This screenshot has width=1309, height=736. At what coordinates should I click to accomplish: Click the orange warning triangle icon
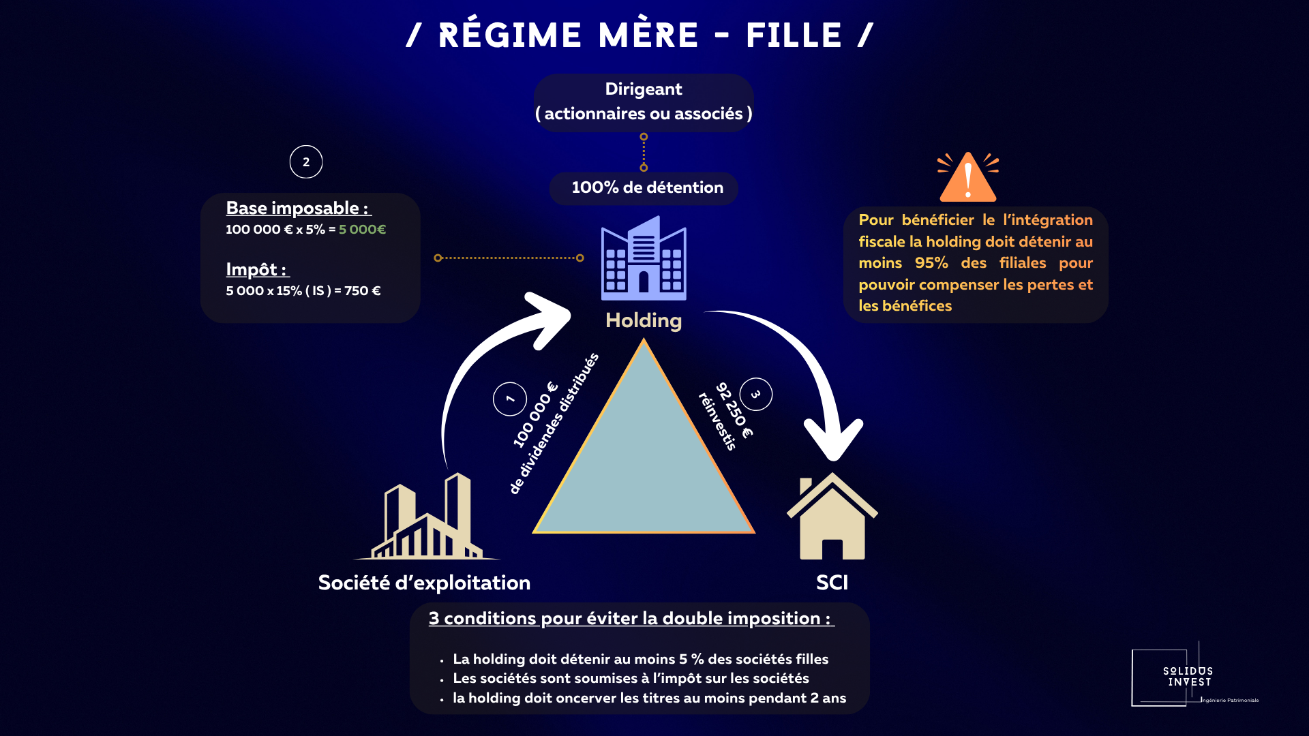point(967,179)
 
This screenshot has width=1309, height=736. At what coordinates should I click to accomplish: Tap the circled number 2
point(306,162)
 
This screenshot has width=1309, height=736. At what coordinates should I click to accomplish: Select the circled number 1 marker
point(510,399)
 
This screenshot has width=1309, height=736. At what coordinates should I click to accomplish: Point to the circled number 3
point(755,395)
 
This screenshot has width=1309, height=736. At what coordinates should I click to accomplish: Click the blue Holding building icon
point(644,259)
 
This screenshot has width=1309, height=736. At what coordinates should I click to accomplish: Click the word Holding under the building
point(644,320)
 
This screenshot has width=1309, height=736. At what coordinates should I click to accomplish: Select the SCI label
point(832,583)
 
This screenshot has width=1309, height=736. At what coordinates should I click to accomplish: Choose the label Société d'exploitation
point(424,583)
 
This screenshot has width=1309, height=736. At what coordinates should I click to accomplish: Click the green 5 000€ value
point(362,230)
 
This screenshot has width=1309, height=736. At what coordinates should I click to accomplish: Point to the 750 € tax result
point(362,291)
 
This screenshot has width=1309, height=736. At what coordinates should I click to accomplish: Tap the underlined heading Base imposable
point(297,208)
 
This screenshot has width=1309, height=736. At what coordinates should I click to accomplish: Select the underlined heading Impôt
point(256,269)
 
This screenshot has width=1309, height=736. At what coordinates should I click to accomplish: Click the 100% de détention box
point(644,188)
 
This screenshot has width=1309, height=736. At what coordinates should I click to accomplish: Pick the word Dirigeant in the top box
point(644,89)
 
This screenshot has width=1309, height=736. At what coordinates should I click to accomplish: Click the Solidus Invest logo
point(1188,677)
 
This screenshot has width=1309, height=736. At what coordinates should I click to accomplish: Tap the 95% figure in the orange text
point(931,263)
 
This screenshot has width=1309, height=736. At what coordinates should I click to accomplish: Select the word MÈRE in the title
point(648,35)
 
